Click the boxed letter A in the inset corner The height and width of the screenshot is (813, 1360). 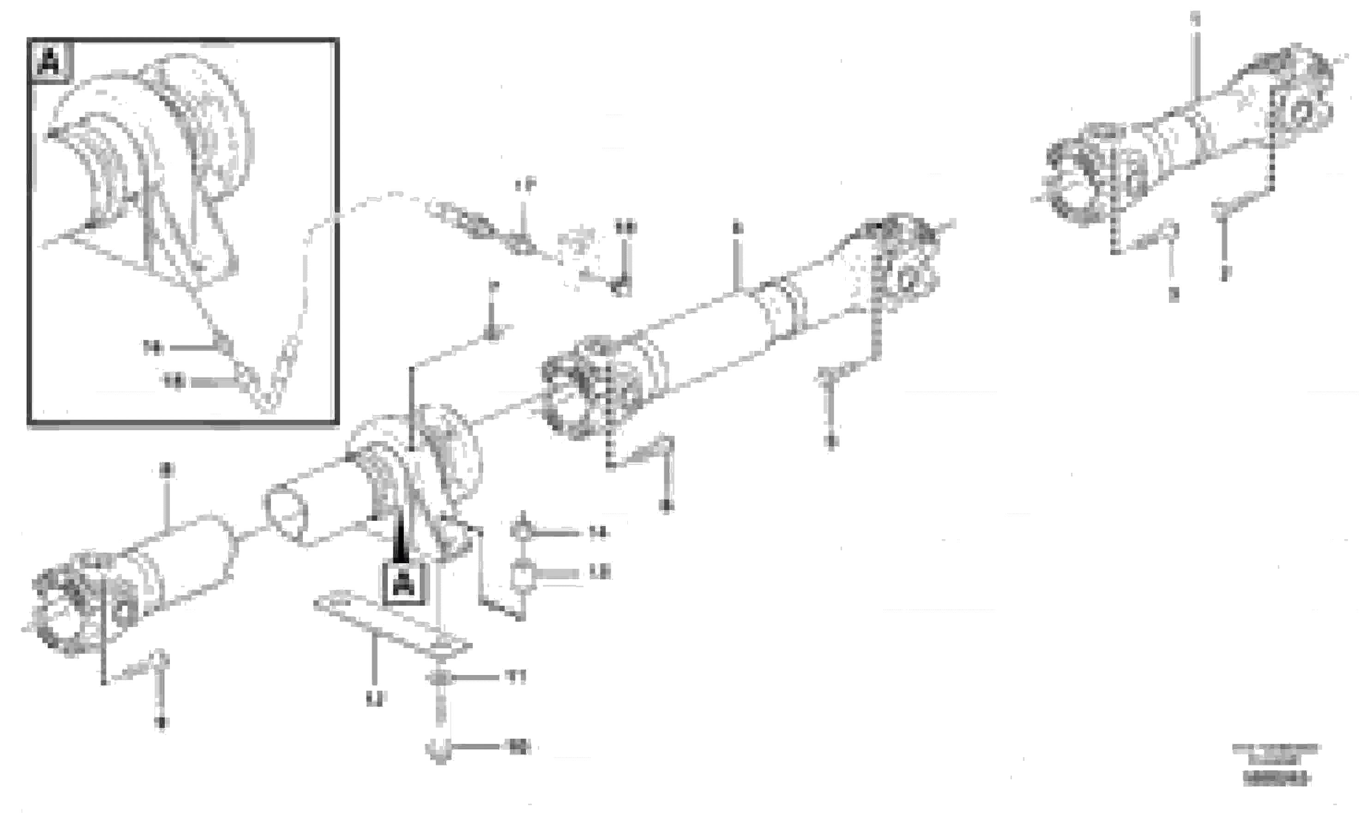(50, 61)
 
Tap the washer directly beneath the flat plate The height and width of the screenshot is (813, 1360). (439, 678)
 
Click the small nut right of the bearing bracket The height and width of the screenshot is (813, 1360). (522, 531)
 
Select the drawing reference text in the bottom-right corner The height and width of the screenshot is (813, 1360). (1276, 764)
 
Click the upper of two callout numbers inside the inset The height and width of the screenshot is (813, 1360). (153, 347)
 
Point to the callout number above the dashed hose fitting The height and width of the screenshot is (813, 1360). (525, 185)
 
